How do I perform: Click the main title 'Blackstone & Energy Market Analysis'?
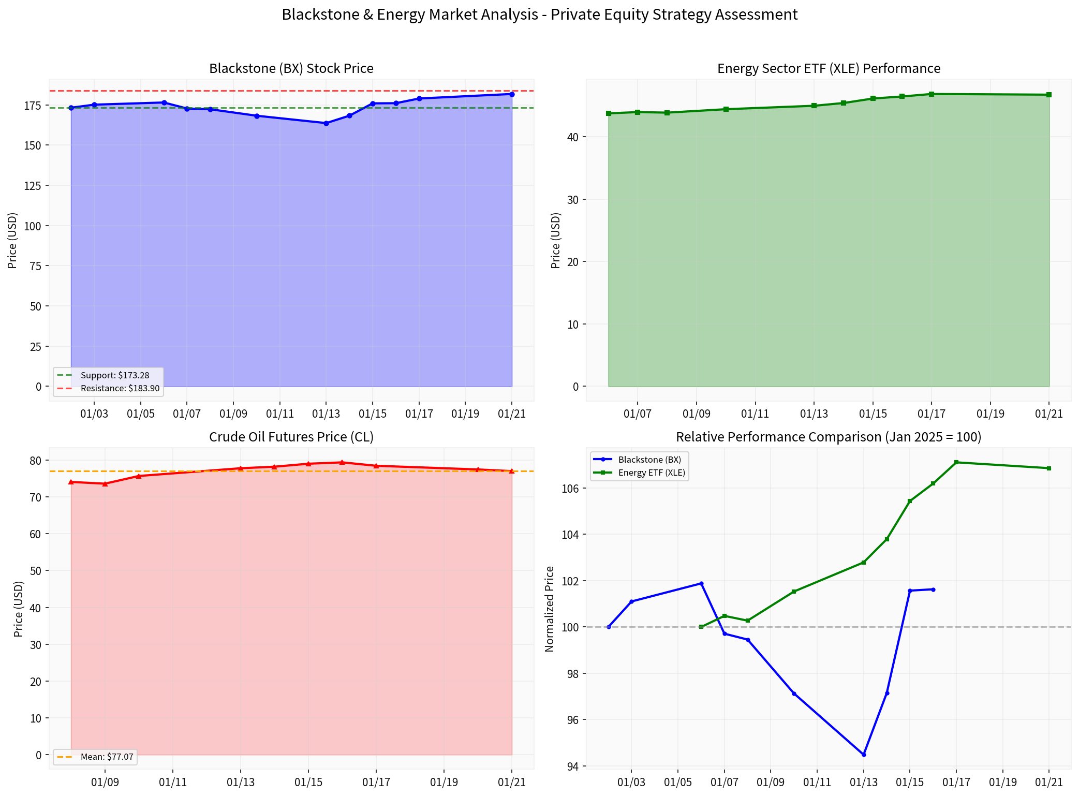click(x=539, y=14)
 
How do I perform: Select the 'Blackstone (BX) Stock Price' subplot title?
click(x=291, y=68)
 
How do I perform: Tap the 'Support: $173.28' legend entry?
click(x=114, y=375)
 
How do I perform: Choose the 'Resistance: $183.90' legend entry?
click(x=120, y=388)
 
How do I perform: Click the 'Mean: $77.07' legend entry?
click(x=107, y=757)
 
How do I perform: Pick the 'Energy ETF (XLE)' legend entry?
click(x=651, y=473)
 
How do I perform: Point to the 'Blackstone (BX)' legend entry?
click(x=649, y=460)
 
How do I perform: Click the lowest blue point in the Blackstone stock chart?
click(x=326, y=123)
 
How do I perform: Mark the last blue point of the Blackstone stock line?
click(x=512, y=94)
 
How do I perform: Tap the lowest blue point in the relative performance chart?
click(x=864, y=755)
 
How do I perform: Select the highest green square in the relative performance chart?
click(x=956, y=462)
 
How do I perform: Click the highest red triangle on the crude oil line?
click(x=342, y=462)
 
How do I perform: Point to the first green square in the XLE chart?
click(x=609, y=113)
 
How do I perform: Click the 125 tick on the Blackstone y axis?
click(x=33, y=185)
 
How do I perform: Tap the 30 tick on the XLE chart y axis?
click(x=572, y=199)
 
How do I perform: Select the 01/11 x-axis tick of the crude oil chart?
click(x=173, y=782)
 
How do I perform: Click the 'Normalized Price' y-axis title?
click(x=550, y=609)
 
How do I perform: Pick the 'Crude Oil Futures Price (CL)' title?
click(x=291, y=437)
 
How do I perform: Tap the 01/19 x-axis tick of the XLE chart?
click(x=990, y=414)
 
